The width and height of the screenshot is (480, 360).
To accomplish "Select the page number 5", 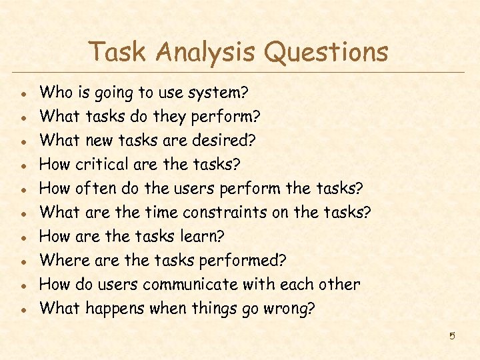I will click(x=451, y=335).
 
